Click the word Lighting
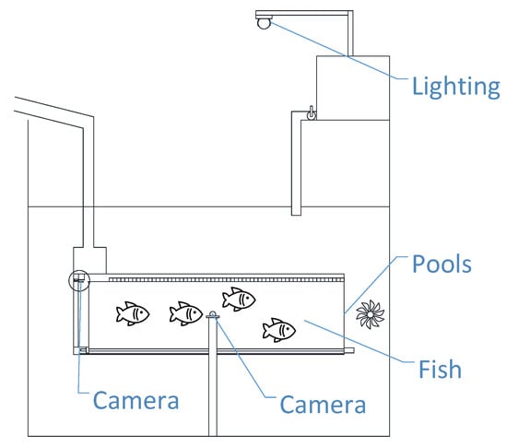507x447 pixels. coord(456,87)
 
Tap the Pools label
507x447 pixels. coord(442,265)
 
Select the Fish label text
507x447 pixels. coord(440,369)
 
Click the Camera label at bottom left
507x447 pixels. coord(136,400)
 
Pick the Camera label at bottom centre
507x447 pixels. coord(323,405)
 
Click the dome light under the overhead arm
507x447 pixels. coord(264,23)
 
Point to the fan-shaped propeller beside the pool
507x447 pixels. coord(371,314)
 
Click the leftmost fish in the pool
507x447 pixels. coord(133,313)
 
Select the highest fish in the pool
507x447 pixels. coord(239,299)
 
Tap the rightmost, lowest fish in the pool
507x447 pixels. coord(278,330)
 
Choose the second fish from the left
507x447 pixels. coord(186,313)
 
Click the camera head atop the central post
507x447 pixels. coord(213,315)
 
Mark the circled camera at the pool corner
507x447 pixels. coord(79,280)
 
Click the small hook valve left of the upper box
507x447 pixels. coord(311,113)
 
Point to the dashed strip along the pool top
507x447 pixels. coord(227,279)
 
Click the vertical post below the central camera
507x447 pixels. coord(213,377)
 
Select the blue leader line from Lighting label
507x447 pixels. coord(339,51)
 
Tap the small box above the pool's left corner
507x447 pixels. coord(90,260)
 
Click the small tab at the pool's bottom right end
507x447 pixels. coord(349,350)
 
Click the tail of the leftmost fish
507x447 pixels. coord(119,314)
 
